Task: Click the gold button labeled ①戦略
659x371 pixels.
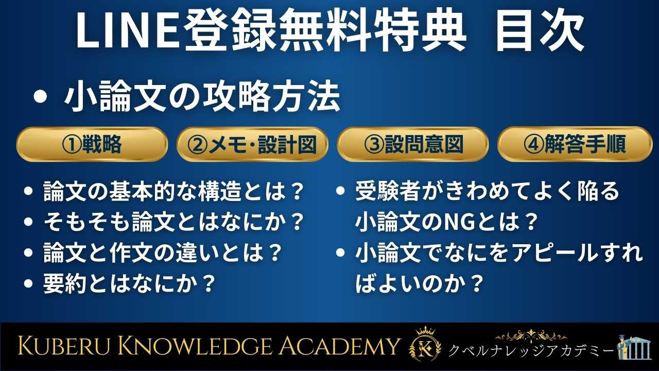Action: [x=92, y=145]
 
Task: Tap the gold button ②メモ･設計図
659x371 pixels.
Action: [x=252, y=145]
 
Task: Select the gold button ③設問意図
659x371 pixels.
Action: [x=412, y=145]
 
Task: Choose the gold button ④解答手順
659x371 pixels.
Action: [x=575, y=145]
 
